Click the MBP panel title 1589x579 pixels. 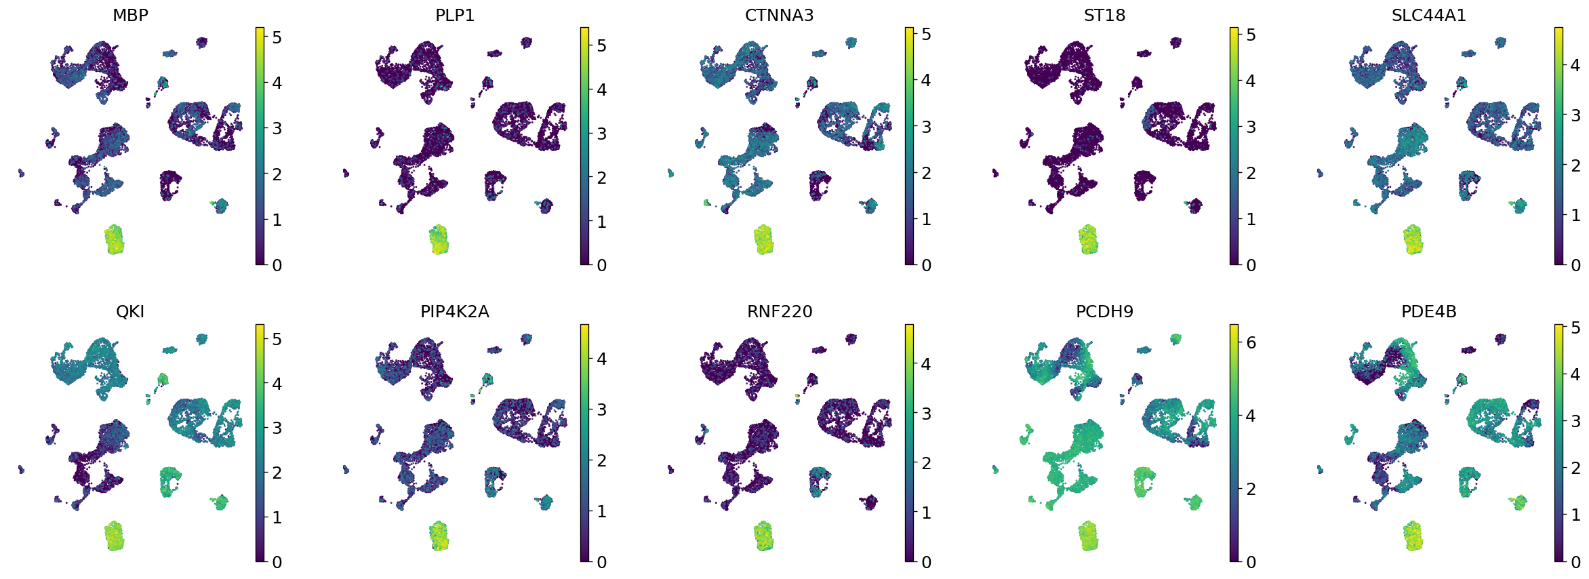coord(130,15)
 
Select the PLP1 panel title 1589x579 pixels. coord(455,15)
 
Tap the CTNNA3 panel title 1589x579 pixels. coord(779,15)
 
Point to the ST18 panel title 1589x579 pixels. coord(1104,15)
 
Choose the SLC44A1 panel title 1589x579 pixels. coord(1429,15)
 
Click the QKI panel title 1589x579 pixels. coord(130,312)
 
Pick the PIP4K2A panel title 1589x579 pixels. coord(455,312)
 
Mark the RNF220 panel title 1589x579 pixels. coord(780,312)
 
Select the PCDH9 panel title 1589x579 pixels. coord(1104,312)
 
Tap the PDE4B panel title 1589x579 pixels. coord(1429,312)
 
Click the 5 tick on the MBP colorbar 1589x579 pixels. coord(277,37)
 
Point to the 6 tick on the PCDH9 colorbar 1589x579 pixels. coord(1251,343)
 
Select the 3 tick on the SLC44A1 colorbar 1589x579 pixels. coord(1575,115)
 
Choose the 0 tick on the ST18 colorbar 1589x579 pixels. coord(1251,265)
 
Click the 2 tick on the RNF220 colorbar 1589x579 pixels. coord(926,463)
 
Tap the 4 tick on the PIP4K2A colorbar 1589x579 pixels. coord(601,359)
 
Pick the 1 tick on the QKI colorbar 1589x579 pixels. coord(277,517)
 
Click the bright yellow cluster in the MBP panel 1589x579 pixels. coord(115,239)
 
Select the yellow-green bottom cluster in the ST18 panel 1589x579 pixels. coord(1088,239)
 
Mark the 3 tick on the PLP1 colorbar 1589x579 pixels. coord(601,134)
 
